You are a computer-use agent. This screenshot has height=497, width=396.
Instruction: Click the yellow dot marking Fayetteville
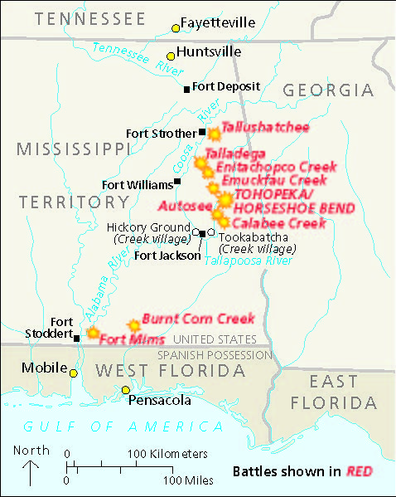(x=176, y=28)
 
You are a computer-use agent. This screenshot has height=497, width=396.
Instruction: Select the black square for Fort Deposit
(x=187, y=88)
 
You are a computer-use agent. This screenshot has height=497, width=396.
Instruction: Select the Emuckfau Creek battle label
(x=273, y=180)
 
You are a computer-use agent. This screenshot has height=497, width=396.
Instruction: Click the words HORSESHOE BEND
(x=295, y=207)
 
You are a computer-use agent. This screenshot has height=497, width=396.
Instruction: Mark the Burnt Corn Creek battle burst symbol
(x=133, y=326)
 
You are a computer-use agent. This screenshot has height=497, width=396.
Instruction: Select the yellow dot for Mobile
(x=74, y=373)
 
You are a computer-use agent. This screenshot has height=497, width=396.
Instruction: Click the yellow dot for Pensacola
(x=126, y=390)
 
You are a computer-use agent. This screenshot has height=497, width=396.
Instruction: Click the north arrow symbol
(x=31, y=473)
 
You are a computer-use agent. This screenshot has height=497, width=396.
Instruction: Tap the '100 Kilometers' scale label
(x=167, y=454)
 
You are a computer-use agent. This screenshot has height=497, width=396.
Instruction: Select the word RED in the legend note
(x=358, y=472)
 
